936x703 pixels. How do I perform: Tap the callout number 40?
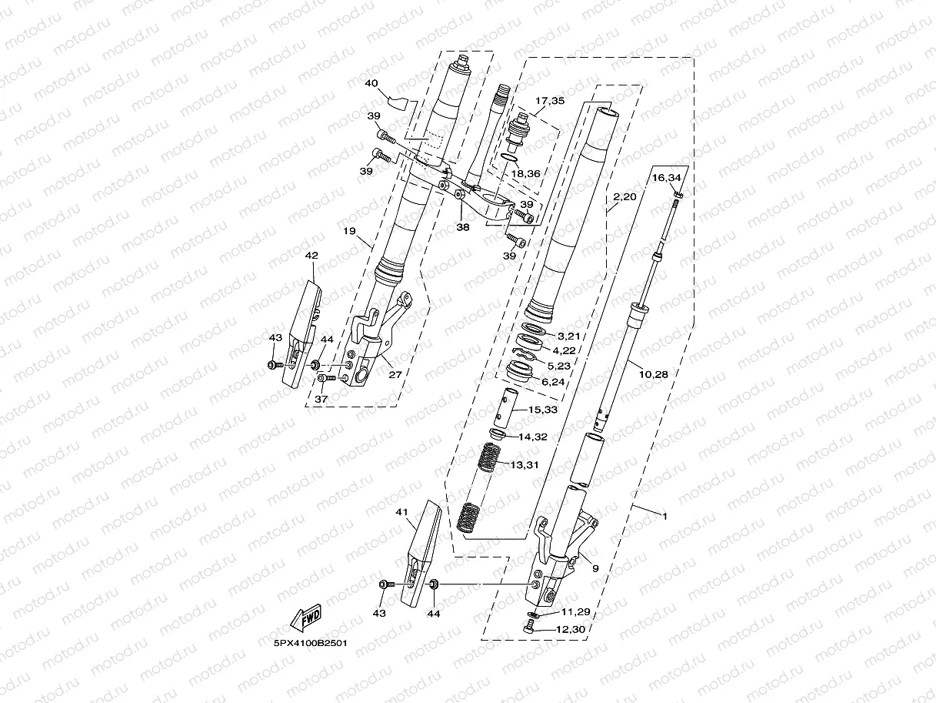click(371, 82)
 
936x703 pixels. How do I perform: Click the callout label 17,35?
click(550, 100)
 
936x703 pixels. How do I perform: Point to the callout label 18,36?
click(526, 174)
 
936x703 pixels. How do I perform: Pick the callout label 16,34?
click(667, 177)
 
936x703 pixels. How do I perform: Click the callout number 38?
click(461, 227)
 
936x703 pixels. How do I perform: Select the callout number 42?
click(311, 255)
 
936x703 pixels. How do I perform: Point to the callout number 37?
click(321, 399)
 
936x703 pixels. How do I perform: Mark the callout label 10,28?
click(653, 373)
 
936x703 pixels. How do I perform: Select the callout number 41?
click(401, 511)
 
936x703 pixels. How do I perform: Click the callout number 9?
click(595, 567)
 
